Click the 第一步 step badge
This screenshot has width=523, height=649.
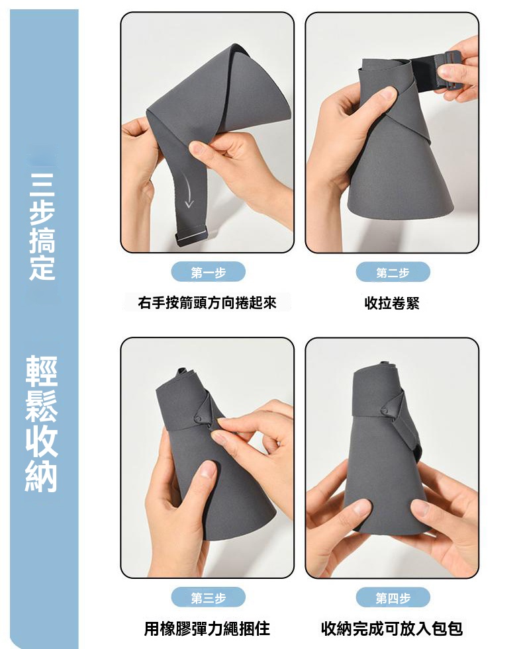point(209,273)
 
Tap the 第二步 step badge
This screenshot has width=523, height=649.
point(393,273)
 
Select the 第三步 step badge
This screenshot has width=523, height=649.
point(209,597)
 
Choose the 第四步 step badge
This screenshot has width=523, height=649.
point(393,597)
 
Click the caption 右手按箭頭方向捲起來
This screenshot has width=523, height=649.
point(207,302)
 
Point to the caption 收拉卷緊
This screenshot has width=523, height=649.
point(392,303)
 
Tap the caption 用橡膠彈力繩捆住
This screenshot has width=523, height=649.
point(207,628)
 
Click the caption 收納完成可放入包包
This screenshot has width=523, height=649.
point(392,628)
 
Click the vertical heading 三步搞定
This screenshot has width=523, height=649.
point(42,226)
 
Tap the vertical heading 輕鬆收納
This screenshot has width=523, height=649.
point(42,424)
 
